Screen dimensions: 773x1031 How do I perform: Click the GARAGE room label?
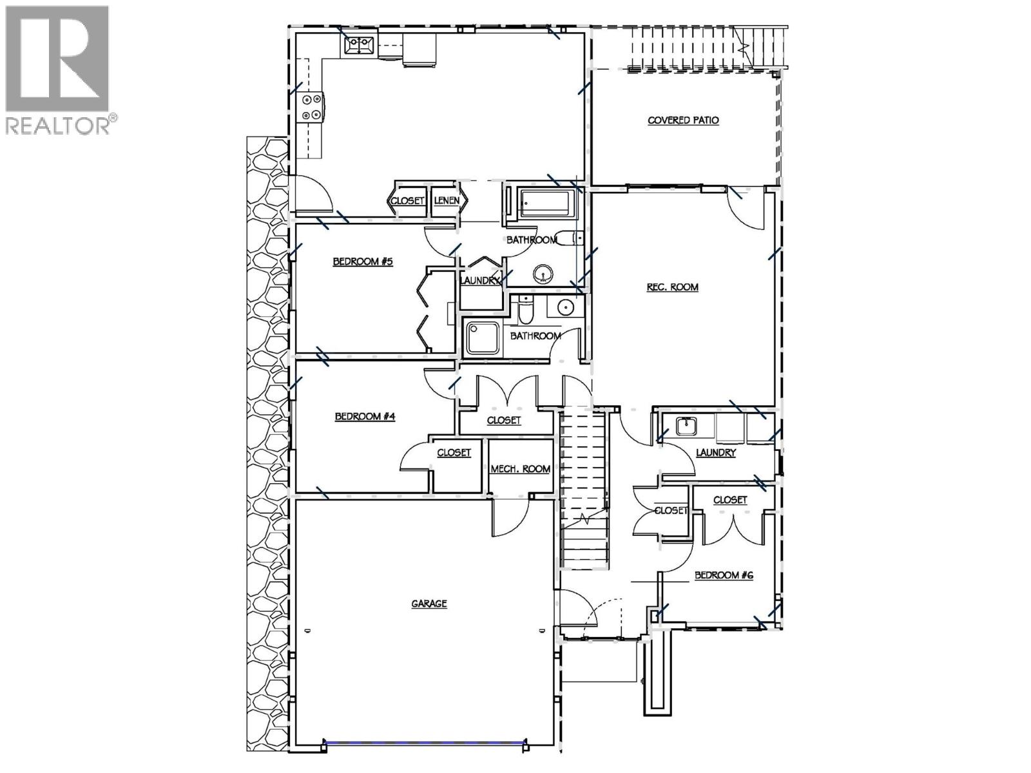[429, 604]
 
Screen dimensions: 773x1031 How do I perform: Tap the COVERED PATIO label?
[683, 120]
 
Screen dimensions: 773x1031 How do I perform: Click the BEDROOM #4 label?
[365, 417]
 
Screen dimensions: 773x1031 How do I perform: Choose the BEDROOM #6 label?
[724, 575]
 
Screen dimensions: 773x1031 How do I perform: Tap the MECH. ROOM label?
[521, 469]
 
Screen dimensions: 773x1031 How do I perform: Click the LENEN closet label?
[447, 201]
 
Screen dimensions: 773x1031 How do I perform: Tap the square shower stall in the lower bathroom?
[483, 338]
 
